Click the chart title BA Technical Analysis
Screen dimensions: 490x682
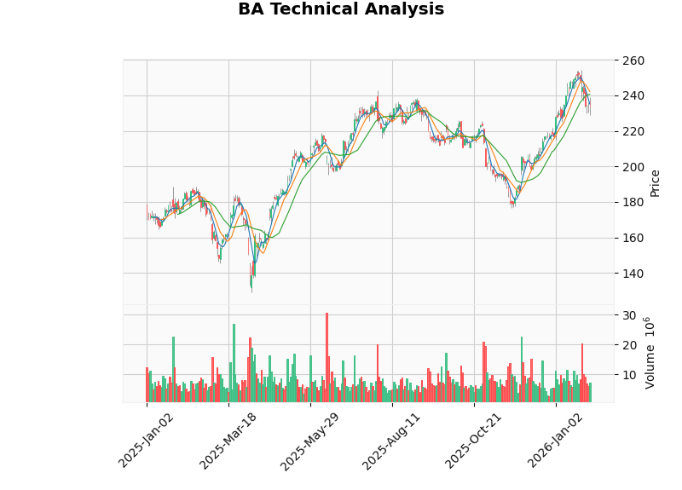point(341,10)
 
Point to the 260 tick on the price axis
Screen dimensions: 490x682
point(633,61)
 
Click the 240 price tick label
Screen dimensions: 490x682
point(633,96)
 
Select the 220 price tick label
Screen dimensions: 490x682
point(633,132)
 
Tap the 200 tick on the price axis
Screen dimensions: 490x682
point(633,167)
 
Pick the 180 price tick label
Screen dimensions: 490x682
point(633,203)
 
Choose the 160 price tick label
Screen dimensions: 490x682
point(633,239)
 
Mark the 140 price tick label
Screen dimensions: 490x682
point(633,274)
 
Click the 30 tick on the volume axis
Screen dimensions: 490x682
point(629,315)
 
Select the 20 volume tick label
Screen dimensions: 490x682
point(629,345)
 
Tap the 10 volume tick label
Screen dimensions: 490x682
point(629,375)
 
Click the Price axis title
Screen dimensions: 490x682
point(655,182)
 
